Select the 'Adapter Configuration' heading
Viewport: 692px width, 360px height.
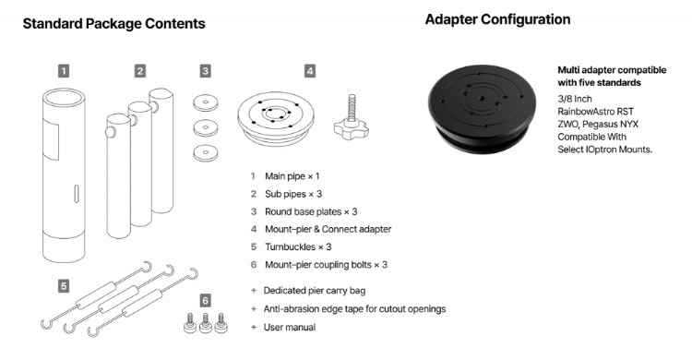[x=497, y=19]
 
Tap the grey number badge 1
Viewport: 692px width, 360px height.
[x=63, y=70]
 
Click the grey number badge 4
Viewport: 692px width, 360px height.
[x=310, y=70]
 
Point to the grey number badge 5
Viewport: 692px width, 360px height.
[x=63, y=285]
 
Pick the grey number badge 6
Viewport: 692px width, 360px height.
[x=205, y=301]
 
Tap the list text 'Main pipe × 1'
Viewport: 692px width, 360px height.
[x=292, y=175]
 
